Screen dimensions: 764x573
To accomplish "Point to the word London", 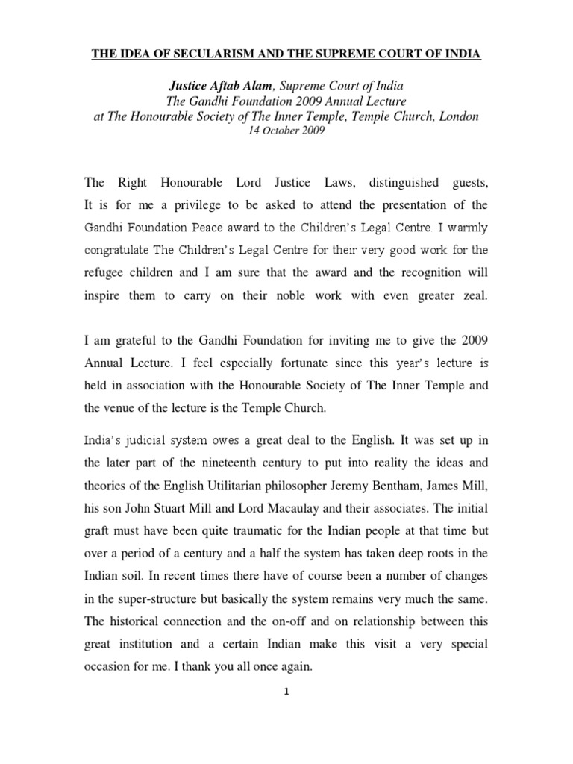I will (457, 116).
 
